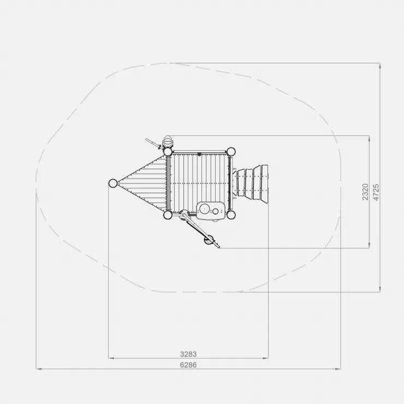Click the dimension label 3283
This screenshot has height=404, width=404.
tap(188, 354)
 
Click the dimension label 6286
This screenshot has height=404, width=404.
tap(188, 365)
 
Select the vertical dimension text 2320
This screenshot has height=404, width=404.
tap(365, 192)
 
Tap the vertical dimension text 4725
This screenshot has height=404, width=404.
tap(376, 192)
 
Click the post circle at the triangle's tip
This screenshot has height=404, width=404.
tap(113, 183)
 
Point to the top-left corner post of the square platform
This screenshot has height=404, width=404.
tap(168, 152)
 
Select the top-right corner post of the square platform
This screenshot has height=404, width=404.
tap(231, 152)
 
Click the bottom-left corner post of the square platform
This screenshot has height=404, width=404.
tap(168, 215)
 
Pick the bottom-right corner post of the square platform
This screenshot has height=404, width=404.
tap(231, 215)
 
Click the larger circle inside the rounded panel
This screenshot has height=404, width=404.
tap(205, 209)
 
